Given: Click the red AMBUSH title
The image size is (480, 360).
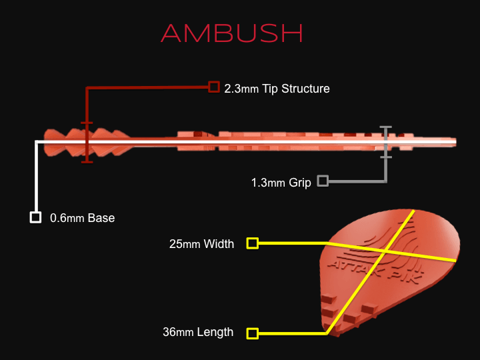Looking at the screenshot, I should (232, 33).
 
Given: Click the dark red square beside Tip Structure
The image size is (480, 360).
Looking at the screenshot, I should (213, 87).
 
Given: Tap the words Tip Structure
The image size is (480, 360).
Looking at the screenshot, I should (296, 88).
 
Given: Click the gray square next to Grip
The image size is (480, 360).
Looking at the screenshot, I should (323, 181).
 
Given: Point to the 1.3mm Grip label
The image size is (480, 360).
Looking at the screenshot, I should (281, 182).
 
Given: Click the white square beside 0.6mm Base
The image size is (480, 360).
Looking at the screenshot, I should (35, 217).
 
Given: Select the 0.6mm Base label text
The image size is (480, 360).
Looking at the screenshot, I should (82, 217).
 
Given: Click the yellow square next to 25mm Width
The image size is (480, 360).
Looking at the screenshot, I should (252, 243).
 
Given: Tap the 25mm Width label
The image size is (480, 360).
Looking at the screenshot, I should (202, 244).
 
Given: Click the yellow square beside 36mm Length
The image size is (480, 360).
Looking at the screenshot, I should (252, 333).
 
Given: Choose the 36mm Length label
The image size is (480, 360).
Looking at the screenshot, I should (198, 332).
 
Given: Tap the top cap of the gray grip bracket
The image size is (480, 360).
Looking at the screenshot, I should (385, 127).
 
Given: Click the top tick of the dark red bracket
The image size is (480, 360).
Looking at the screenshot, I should (86, 123).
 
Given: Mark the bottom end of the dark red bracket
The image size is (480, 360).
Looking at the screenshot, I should (86, 161).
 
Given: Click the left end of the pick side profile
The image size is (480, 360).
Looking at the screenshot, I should (44, 142).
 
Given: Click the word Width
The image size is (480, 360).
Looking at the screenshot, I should (219, 244).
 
